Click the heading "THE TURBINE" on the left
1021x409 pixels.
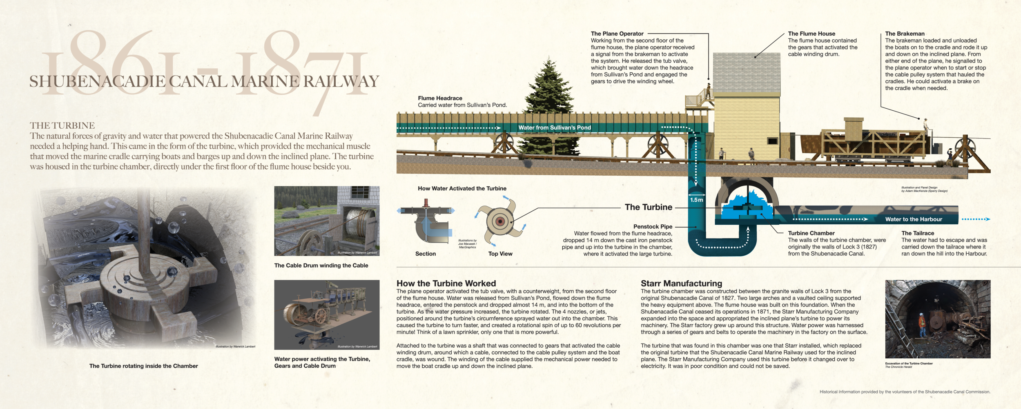[x=62, y=125]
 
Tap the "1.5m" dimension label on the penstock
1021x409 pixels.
[x=696, y=200]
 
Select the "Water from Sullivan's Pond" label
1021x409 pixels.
[x=555, y=127]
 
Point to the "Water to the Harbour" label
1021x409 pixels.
[x=914, y=219]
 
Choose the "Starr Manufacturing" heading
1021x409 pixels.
[x=681, y=283]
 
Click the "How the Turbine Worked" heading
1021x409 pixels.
[x=446, y=283]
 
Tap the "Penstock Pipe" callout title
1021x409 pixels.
[x=653, y=226]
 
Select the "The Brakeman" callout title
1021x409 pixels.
[x=905, y=34]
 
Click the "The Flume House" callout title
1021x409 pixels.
[x=811, y=34]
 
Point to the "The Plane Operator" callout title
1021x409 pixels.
[x=617, y=34]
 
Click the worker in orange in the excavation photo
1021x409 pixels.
[x=922, y=325]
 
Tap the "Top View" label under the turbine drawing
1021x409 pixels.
[x=500, y=254]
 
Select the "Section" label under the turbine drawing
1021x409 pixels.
[x=426, y=254]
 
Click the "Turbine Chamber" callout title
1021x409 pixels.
[x=811, y=233]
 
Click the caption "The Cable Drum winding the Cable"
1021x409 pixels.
[x=321, y=266]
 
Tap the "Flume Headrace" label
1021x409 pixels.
[x=440, y=98]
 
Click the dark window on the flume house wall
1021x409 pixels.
[x=772, y=141]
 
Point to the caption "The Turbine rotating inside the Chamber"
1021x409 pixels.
[x=143, y=366]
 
